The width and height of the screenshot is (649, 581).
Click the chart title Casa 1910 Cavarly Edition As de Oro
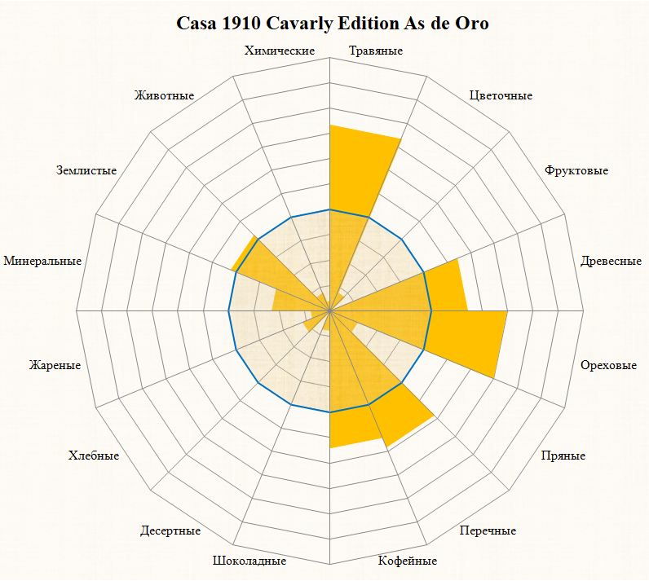point(333,23)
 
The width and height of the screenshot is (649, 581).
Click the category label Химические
point(280,51)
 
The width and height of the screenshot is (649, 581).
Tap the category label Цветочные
point(501,95)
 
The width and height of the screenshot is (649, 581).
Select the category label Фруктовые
point(576,171)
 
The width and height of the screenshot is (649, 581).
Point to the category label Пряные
point(563,456)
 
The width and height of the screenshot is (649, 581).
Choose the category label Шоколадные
point(249,561)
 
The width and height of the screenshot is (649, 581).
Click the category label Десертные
point(170,531)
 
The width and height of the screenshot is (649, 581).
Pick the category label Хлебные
point(94,456)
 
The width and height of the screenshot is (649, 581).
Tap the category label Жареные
point(55,365)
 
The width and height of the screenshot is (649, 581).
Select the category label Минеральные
point(42,262)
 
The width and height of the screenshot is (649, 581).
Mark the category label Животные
point(165,95)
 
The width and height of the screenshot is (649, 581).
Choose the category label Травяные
point(376,51)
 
